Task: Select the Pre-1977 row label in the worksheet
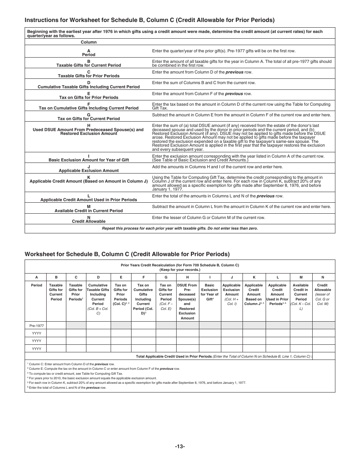[36, 325]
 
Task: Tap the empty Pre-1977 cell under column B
[56, 325]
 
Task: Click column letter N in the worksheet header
[322, 277]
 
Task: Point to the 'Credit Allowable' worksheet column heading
[322, 288]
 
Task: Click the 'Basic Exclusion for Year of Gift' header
[210, 292]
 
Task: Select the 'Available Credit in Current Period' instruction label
[89, 211]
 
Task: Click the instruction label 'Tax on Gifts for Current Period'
[89, 119]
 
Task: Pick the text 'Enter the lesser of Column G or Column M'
[208, 217]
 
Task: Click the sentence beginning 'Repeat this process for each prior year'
[180, 228]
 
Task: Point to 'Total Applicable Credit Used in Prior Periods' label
[174, 357]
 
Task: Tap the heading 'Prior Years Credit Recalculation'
[180, 265]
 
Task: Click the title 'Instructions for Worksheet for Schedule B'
[149, 20]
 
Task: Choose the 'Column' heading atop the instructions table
[89, 42]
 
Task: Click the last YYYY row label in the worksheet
[36, 349]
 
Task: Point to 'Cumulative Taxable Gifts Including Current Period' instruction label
[89, 87]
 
